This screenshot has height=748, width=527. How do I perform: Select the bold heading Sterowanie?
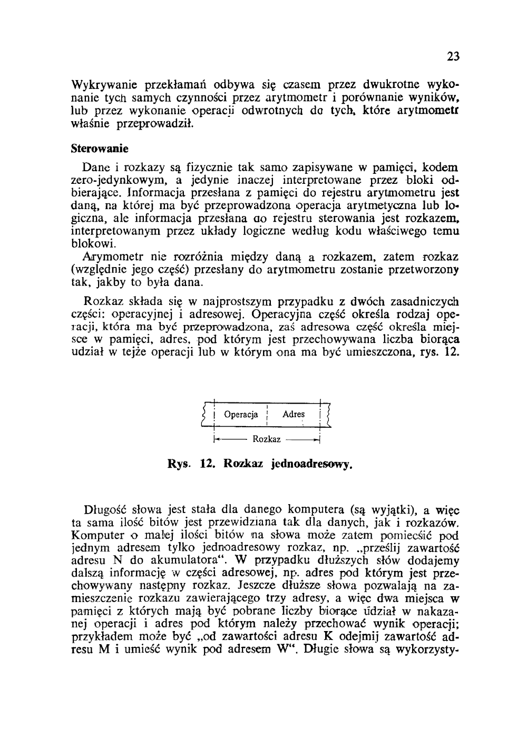[99, 149]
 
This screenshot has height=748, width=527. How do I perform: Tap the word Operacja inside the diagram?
[241, 415]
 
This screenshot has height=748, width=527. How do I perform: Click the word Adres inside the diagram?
[294, 415]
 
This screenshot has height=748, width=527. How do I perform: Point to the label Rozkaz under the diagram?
[267, 439]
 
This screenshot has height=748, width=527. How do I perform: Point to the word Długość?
[106, 510]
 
